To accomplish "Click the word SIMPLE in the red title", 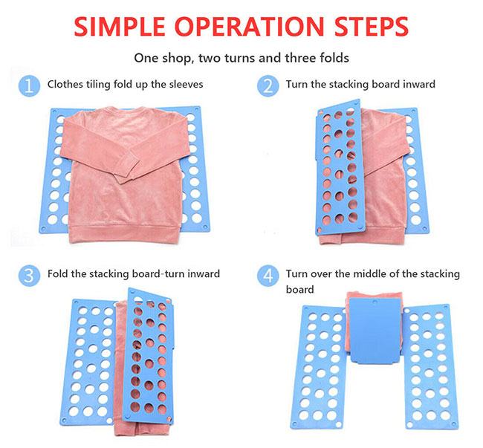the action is click(120, 27).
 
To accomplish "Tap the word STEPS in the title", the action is click(372, 27).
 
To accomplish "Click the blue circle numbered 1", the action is click(29, 85).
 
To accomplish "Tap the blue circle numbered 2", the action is click(268, 85).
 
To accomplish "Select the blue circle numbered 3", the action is click(29, 276).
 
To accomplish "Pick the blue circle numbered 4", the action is click(268, 276).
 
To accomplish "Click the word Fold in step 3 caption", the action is click(57, 273).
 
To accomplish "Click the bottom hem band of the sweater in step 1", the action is click(124, 234).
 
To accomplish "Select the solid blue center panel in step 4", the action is click(375, 331).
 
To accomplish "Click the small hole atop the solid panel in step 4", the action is click(375, 302).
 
